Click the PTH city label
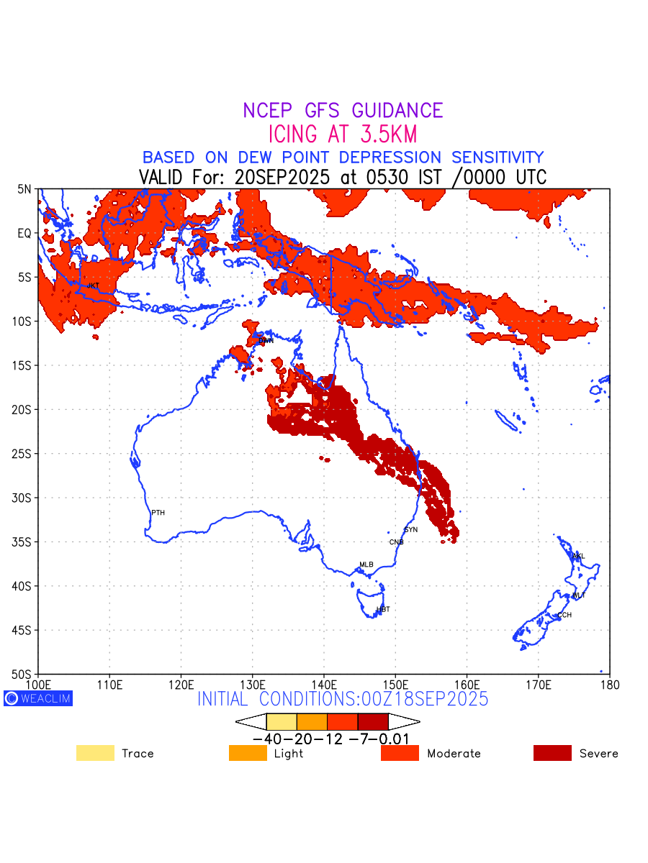(x=158, y=513)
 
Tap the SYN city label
(x=410, y=530)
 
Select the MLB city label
(x=366, y=565)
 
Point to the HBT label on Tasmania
(x=383, y=610)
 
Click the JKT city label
(x=93, y=286)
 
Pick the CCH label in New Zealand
(x=564, y=616)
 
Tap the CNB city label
(x=396, y=542)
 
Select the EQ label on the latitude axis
(x=24, y=233)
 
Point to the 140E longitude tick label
(x=323, y=683)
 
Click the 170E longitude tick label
(x=538, y=683)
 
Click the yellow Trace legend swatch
(x=95, y=753)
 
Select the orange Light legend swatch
(x=248, y=753)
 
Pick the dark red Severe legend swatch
(x=552, y=753)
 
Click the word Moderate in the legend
(x=454, y=754)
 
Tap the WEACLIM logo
(x=38, y=698)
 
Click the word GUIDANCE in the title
(x=397, y=111)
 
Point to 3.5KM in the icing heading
(x=382, y=134)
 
